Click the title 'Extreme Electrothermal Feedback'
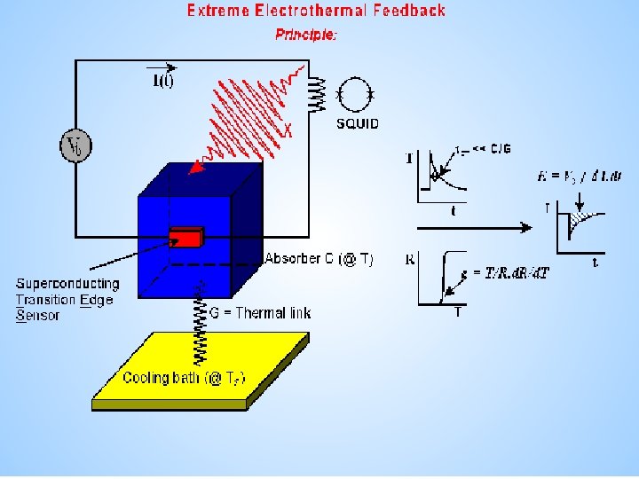(x=316, y=12)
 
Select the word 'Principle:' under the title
(x=306, y=35)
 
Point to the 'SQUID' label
(x=357, y=123)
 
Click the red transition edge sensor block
(x=186, y=238)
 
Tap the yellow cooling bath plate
(x=201, y=369)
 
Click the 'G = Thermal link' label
(x=259, y=312)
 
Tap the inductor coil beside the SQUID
(x=316, y=91)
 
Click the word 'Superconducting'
(x=67, y=284)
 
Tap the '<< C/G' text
(x=491, y=148)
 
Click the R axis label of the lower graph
(x=410, y=260)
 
